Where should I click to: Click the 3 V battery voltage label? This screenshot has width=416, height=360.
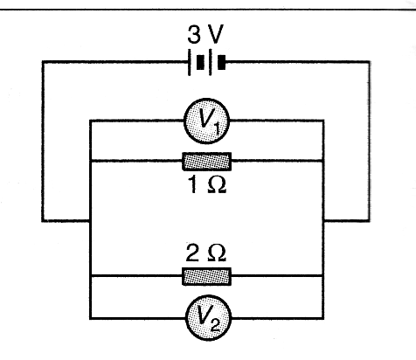click(x=205, y=34)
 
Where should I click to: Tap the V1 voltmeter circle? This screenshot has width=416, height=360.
click(x=207, y=121)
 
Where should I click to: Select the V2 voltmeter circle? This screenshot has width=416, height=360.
click(x=208, y=318)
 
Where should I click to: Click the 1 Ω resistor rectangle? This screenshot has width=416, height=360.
click(x=207, y=161)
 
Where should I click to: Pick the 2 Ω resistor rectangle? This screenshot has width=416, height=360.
click(x=207, y=276)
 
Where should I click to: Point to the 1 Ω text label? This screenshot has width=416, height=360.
click(x=207, y=185)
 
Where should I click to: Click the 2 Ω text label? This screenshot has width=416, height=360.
click(x=205, y=253)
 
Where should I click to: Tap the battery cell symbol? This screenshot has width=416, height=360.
click(x=207, y=62)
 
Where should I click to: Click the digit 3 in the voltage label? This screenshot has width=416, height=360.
click(x=194, y=34)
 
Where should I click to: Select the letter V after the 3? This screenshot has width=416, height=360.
click(x=216, y=34)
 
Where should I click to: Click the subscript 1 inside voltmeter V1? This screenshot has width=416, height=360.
click(x=216, y=128)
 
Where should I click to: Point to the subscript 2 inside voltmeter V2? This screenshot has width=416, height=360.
click(x=216, y=325)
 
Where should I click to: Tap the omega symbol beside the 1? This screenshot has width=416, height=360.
click(x=217, y=185)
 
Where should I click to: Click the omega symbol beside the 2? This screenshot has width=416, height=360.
click(x=217, y=253)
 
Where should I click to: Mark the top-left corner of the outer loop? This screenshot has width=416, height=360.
click(x=43, y=62)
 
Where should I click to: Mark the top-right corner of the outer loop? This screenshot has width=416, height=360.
click(x=370, y=62)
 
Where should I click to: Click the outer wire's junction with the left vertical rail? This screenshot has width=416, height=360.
click(x=90, y=220)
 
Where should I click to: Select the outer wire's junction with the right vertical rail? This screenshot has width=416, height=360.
click(x=323, y=220)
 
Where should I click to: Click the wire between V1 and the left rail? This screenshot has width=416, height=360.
click(x=137, y=121)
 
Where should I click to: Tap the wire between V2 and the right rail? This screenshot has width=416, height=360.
click(x=278, y=318)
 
